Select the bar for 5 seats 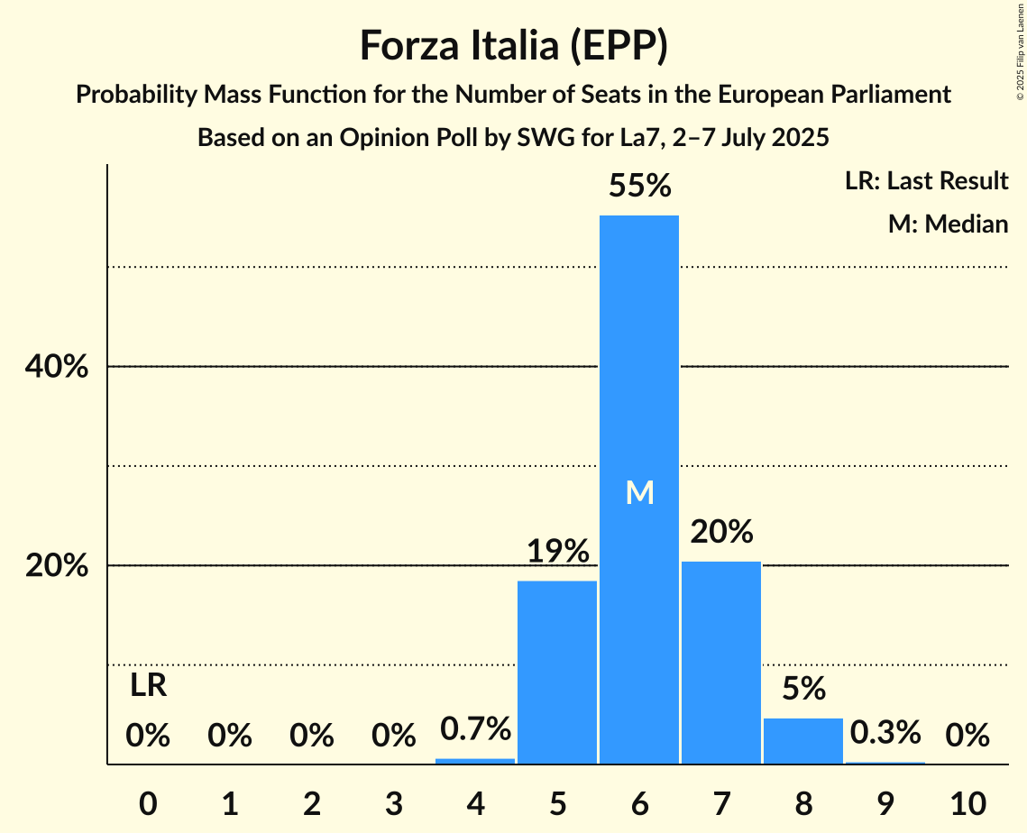[x=557, y=672]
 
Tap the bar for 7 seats [x=721, y=663]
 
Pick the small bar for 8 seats [x=803, y=740]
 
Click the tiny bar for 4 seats [x=475, y=761]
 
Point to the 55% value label [x=639, y=186]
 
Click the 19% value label [x=557, y=551]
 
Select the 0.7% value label [x=475, y=728]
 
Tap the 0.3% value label [x=885, y=732]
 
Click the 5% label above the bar [x=803, y=689]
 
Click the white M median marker [x=639, y=492]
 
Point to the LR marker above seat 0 [x=148, y=686]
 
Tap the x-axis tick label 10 [x=967, y=801]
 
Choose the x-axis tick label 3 [x=393, y=801]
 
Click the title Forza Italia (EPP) [x=513, y=45]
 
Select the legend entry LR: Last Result [x=926, y=181]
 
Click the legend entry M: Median [x=947, y=224]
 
